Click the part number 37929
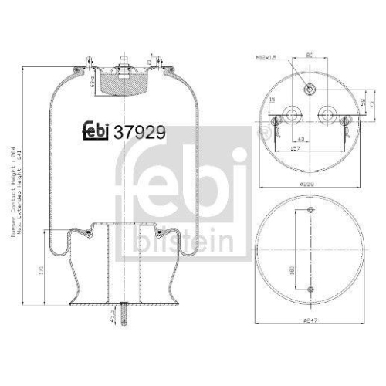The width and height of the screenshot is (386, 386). click(x=139, y=131)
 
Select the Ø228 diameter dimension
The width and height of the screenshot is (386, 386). click(x=308, y=185)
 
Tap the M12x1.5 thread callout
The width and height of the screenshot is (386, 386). click(x=269, y=57)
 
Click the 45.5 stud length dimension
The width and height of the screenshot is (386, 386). click(x=112, y=317)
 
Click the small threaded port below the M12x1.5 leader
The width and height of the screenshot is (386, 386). click(x=308, y=88)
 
